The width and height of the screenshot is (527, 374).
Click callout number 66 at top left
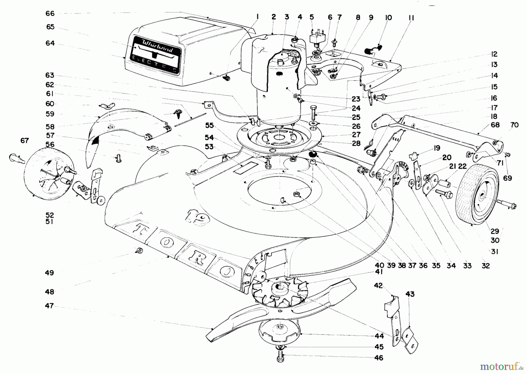coord(50,13)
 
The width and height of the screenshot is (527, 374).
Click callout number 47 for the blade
coord(49,306)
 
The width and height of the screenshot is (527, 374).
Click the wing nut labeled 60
coord(107,106)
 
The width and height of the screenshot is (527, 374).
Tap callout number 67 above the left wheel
coord(25,141)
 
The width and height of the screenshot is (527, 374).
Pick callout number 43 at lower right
coord(410,294)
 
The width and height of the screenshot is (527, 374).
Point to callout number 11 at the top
coord(411,18)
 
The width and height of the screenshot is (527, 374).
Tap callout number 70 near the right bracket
coord(514,125)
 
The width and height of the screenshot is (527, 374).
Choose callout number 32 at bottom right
coord(485,266)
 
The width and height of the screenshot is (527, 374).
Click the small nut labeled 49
coord(140,251)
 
